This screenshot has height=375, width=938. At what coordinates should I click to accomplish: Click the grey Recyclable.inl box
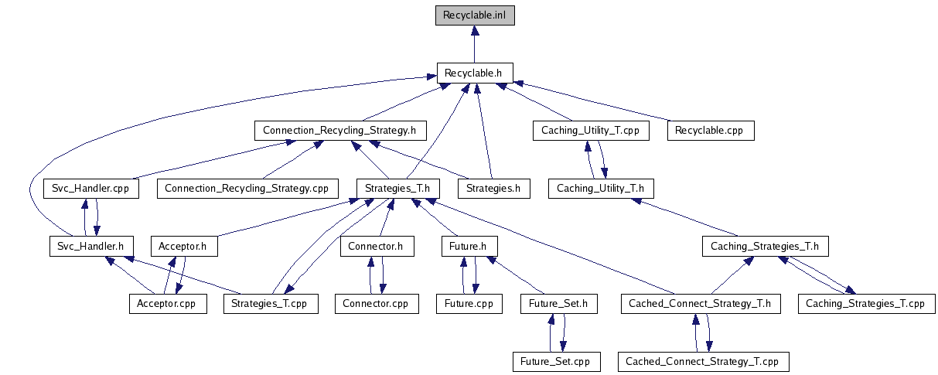[x=474, y=15]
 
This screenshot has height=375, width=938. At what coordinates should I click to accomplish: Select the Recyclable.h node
[x=474, y=73]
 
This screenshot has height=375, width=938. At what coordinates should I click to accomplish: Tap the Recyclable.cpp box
[x=708, y=130]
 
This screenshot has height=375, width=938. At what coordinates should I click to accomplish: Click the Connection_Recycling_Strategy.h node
[x=339, y=130]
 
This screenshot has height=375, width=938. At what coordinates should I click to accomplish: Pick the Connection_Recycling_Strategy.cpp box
[x=247, y=188]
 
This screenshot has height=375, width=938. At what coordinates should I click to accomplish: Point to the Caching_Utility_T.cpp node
[x=590, y=130]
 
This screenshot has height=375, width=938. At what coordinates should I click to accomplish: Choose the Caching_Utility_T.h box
[x=601, y=188]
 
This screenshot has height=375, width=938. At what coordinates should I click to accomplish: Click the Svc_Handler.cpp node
[x=90, y=188]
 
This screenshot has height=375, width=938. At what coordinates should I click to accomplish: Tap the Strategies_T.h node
[x=397, y=188]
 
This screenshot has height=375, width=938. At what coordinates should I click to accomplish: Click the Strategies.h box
[x=493, y=188]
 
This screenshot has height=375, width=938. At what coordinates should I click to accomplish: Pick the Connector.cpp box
[x=377, y=303]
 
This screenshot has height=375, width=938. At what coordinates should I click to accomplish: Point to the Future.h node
[x=469, y=246]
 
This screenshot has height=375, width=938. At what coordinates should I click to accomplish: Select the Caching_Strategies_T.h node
[x=765, y=246]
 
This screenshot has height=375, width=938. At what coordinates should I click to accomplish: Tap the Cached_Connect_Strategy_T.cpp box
[x=702, y=361]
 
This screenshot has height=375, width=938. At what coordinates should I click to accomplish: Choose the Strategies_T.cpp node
[x=269, y=303]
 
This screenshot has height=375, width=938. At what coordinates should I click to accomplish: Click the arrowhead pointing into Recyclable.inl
[x=474, y=30]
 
